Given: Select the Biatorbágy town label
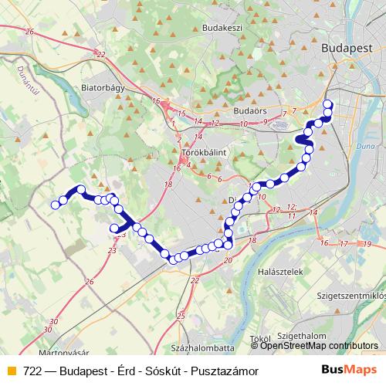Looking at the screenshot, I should click(x=103, y=87).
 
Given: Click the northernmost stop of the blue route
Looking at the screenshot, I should click(x=327, y=104).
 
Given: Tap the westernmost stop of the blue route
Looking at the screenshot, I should click(x=55, y=205).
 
